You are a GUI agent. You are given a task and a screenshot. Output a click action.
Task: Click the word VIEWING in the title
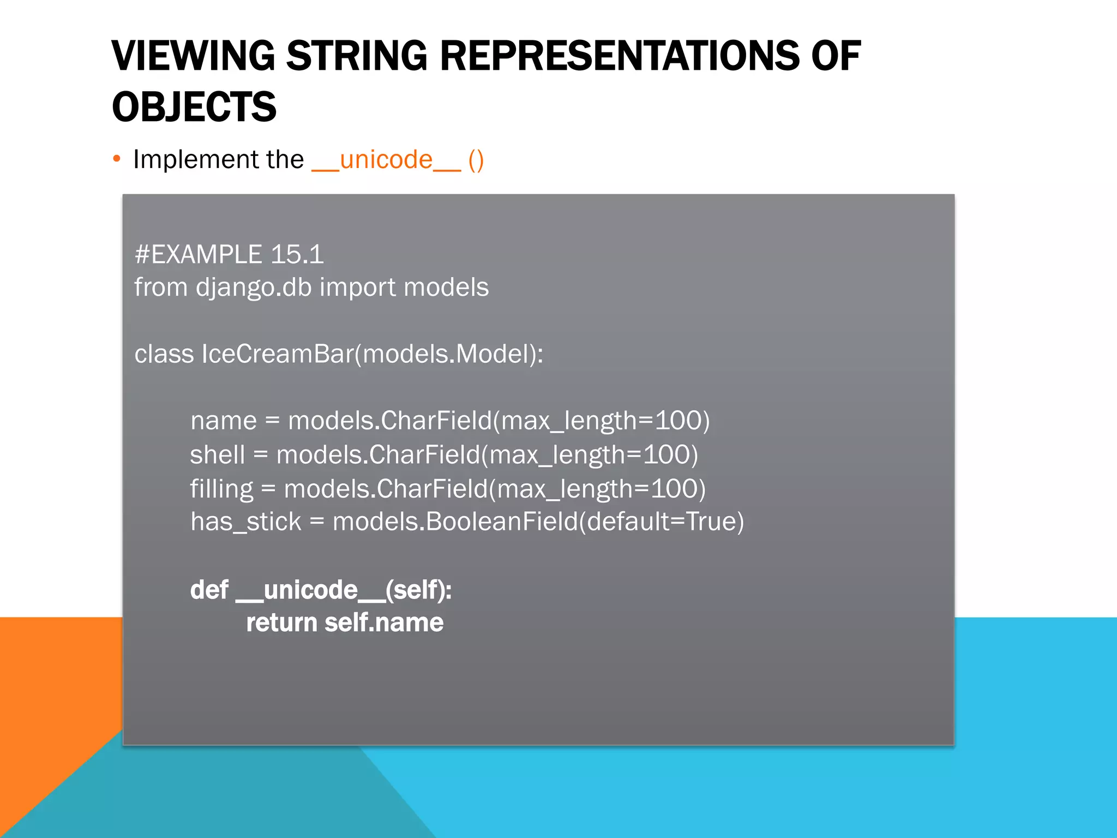(x=193, y=56)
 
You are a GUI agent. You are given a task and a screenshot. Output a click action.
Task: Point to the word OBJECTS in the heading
(x=194, y=107)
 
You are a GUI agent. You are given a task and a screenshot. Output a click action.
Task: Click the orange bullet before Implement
(x=116, y=159)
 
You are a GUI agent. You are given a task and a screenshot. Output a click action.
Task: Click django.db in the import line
(x=254, y=288)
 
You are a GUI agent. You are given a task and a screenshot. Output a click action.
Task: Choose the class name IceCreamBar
(x=278, y=354)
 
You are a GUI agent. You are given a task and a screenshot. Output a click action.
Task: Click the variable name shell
(x=217, y=454)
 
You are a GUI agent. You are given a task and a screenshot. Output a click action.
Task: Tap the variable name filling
(x=221, y=489)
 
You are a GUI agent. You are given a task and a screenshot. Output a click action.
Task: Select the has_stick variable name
(x=245, y=522)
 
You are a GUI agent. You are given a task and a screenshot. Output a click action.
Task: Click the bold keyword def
(x=209, y=590)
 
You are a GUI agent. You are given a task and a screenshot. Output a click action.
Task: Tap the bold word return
(x=281, y=622)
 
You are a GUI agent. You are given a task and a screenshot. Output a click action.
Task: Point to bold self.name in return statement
(x=384, y=622)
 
